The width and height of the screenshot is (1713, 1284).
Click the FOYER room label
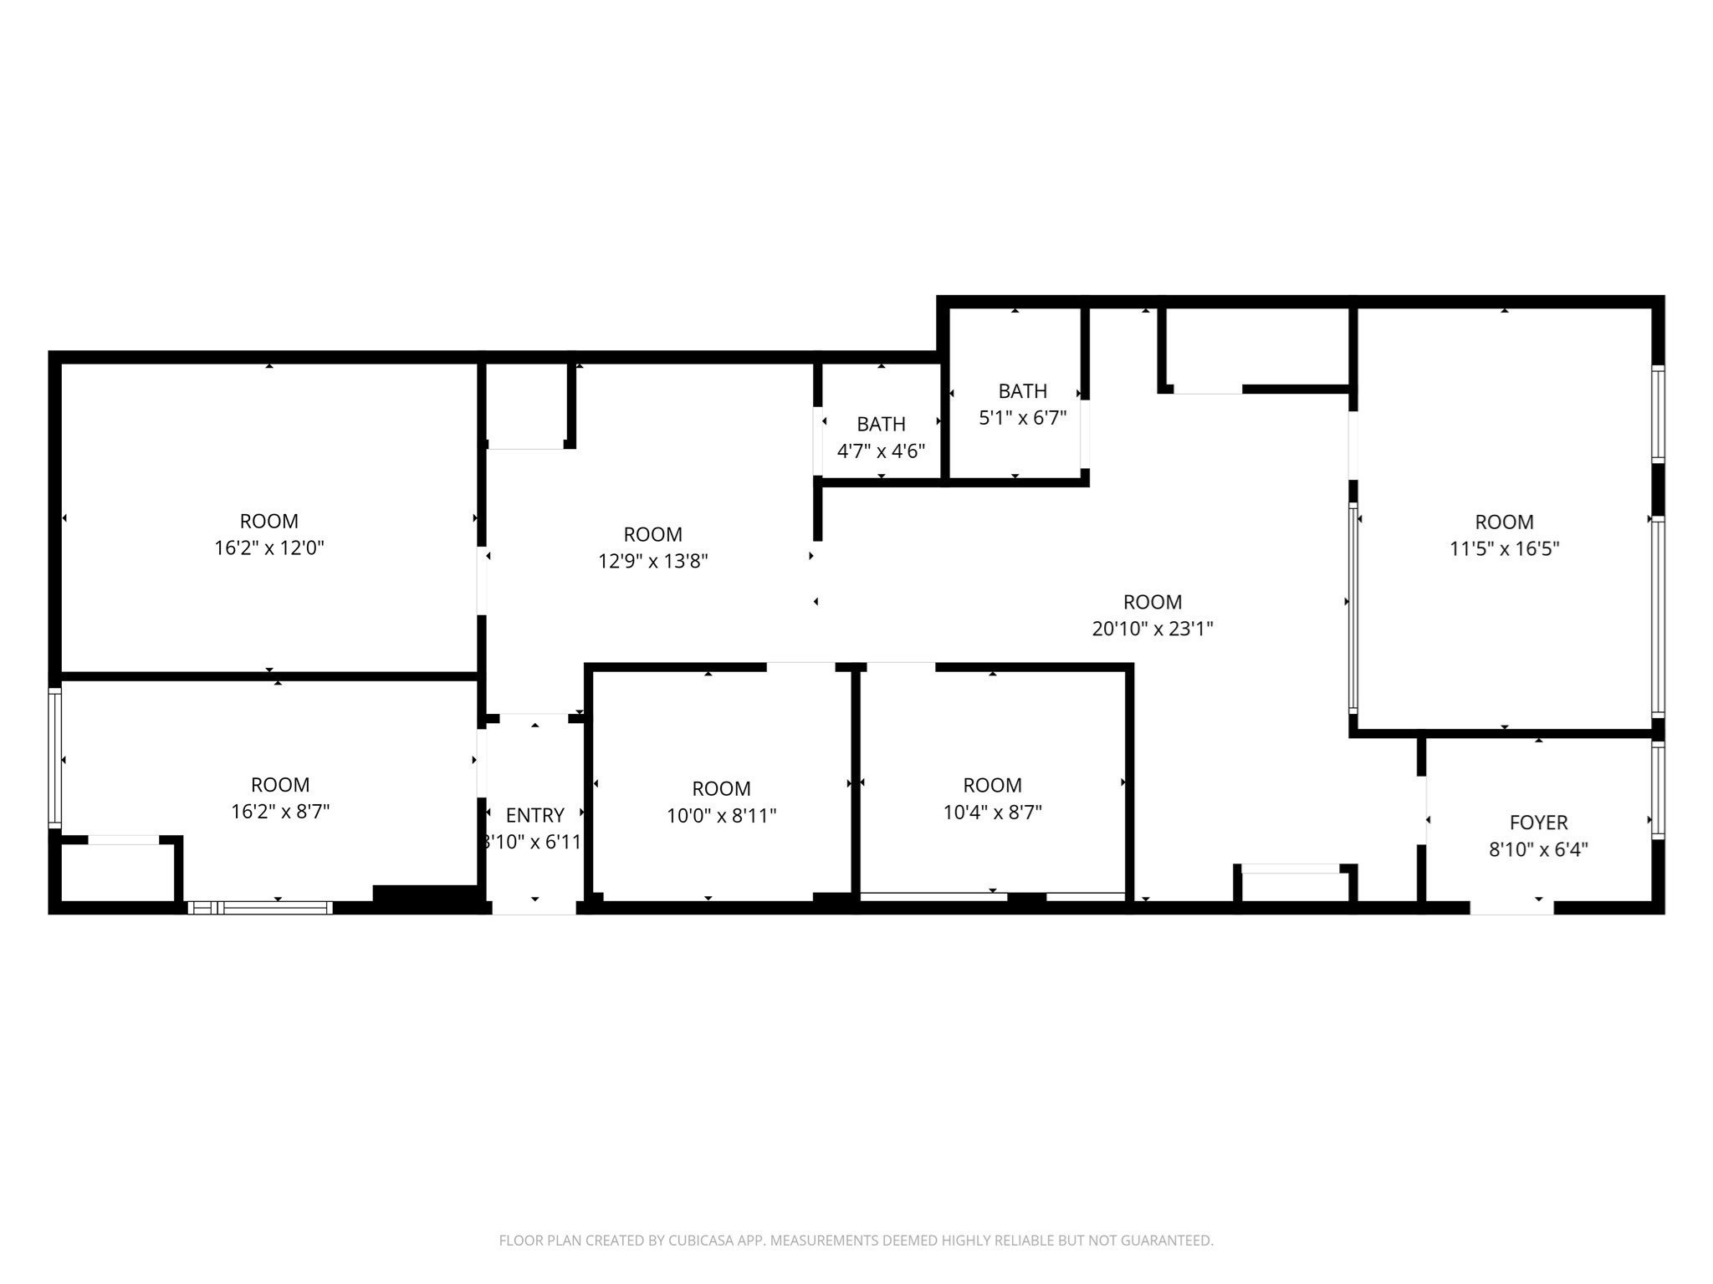[1538, 823]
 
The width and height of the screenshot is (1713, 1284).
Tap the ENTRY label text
[535, 815]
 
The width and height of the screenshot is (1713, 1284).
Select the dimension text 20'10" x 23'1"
[1153, 629]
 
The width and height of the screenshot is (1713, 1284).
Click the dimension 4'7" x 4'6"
[881, 451]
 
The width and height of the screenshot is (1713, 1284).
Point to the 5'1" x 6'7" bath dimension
[1022, 418]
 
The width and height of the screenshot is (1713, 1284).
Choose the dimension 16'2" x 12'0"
[269, 548]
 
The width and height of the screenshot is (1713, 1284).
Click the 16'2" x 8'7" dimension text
[280, 812]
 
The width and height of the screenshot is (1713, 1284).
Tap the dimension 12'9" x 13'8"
[652, 562]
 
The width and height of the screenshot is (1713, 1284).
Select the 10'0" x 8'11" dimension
[721, 815]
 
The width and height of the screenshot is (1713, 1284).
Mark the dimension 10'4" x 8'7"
[992, 812]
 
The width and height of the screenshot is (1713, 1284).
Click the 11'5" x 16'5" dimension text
[1504, 549]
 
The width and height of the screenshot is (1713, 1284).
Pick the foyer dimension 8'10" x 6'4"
[1538, 850]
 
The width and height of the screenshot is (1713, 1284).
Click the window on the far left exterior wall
[55, 757]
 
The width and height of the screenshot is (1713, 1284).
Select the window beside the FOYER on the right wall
[1658, 790]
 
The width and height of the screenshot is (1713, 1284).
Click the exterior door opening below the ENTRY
[534, 907]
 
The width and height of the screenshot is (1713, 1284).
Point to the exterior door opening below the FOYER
[1511, 907]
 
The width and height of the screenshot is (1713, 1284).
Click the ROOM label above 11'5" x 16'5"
[1504, 522]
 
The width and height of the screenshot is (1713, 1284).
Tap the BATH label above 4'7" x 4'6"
[881, 425]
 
